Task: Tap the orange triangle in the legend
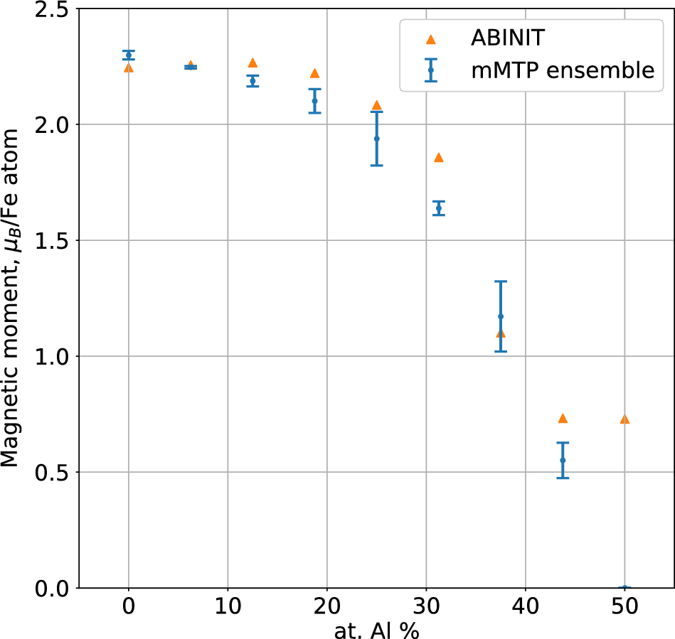pyautogui.click(x=430, y=38)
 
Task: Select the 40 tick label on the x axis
pyautogui.click(x=525, y=609)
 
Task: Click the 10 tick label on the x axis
pyautogui.click(x=228, y=609)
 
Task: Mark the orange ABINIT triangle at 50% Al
pyautogui.click(x=624, y=419)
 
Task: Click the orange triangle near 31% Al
pyautogui.click(x=439, y=157)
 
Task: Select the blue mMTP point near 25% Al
pyautogui.click(x=376, y=139)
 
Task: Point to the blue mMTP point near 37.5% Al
pyautogui.click(x=501, y=316)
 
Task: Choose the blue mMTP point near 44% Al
pyautogui.click(x=563, y=460)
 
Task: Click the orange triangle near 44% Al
pyautogui.click(x=563, y=418)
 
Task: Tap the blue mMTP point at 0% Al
pyautogui.click(x=128, y=55)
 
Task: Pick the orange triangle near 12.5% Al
pyautogui.click(x=253, y=63)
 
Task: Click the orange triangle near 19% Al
pyautogui.click(x=314, y=73)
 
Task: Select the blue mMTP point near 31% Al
pyautogui.click(x=439, y=208)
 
